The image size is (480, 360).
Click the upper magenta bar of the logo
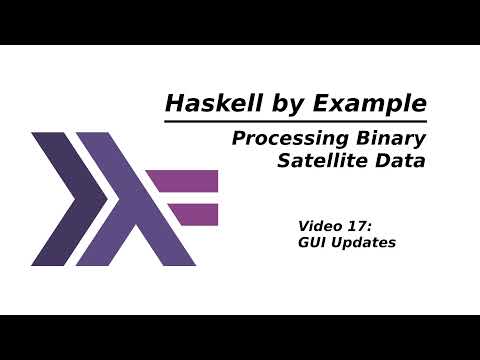point(183,181)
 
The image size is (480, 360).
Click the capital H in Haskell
point(172,104)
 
